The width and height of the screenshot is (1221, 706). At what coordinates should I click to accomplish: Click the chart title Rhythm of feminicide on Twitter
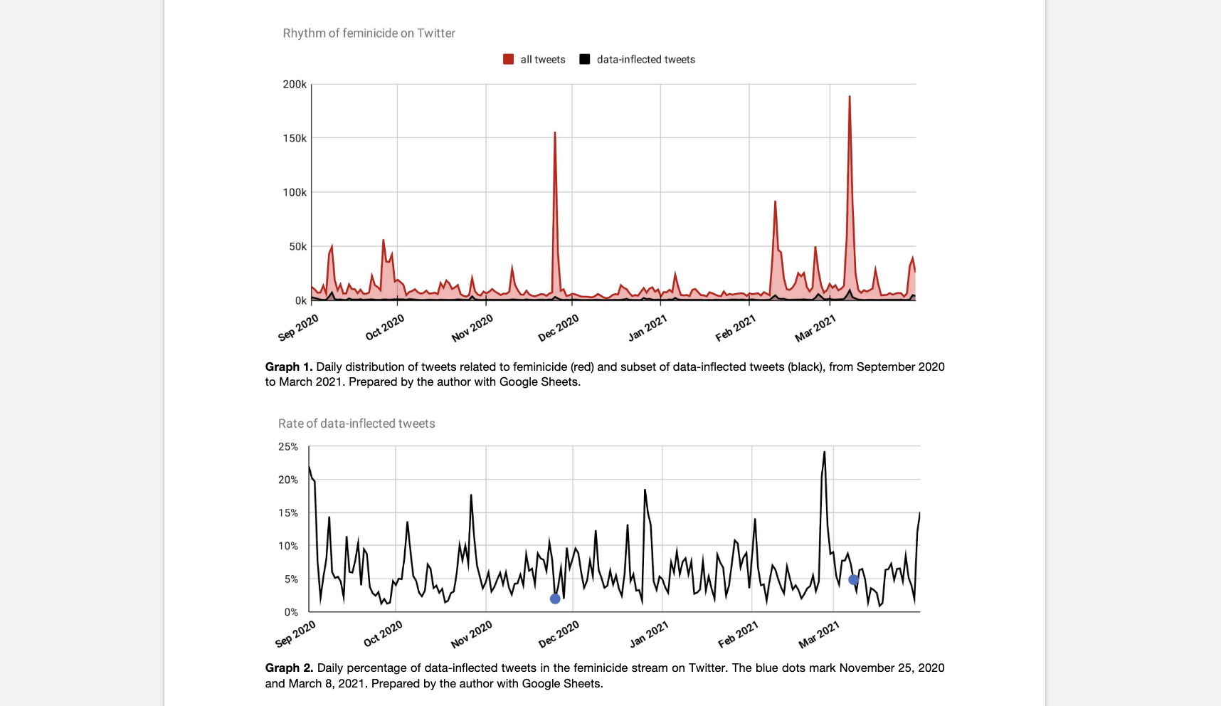(x=369, y=33)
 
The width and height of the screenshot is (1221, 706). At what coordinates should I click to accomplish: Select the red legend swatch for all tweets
(x=508, y=59)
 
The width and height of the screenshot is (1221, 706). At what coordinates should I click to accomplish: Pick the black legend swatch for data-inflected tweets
(x=584, y=59)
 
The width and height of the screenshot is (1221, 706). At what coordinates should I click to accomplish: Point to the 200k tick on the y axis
(x=295, y=84)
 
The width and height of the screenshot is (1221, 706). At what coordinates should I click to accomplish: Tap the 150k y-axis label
(x=295, y=138)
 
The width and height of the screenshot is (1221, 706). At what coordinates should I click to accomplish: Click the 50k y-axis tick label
(x=297, y=246)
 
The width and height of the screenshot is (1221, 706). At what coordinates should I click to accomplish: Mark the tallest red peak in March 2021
(x=850, y=97)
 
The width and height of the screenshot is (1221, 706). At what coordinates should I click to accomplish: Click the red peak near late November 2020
(x=555, y=133)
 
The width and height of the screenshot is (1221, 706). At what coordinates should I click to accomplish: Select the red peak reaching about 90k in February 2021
(x=775, y=202)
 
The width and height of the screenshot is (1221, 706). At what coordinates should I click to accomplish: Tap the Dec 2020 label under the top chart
(x=559, y=328)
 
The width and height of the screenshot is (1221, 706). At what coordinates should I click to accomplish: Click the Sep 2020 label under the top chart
(x=298, y=327)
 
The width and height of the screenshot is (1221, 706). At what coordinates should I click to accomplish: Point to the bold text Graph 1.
(x=288, y=367)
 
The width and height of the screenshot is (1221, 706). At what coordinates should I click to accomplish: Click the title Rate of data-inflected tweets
(x=356, y=423)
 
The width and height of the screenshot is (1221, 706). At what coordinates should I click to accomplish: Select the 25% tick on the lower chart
(x=288, y=446)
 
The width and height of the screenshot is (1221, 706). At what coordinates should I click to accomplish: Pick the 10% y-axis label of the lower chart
(x=288, y=546)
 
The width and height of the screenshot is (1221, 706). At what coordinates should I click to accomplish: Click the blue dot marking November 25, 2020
(x=555, y=599)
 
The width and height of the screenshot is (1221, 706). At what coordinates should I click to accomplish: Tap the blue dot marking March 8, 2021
(x=853, y=580)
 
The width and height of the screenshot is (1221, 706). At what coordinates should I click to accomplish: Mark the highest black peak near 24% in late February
(x=824, y=452)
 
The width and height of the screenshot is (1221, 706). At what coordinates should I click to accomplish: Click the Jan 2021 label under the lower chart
(x=649, y=634)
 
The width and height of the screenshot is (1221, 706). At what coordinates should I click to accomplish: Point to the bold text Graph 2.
(x=288, y=668)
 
